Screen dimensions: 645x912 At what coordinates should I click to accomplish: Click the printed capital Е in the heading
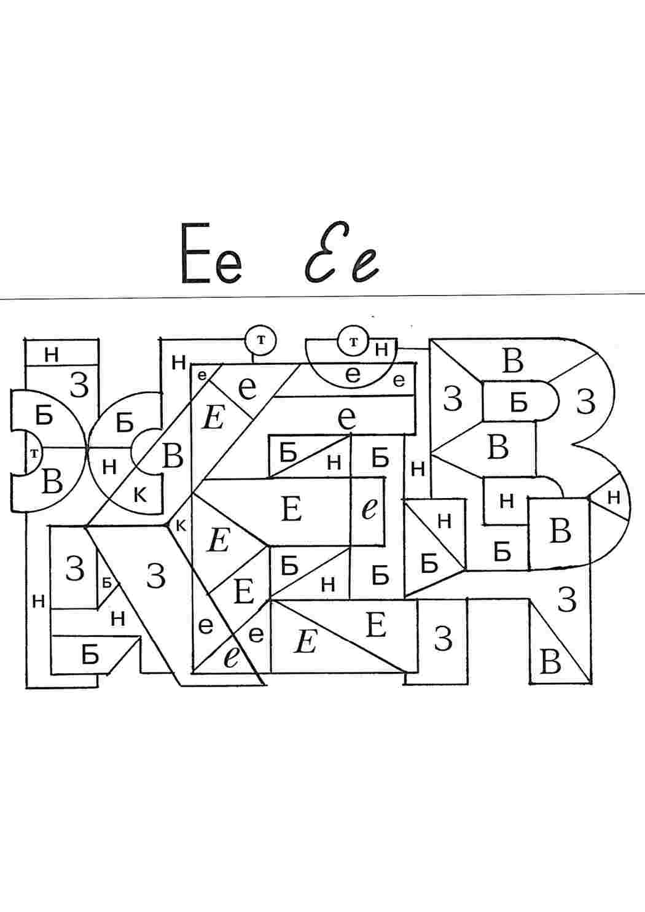(195, 252)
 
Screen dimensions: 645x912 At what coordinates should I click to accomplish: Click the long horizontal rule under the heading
(322, 296)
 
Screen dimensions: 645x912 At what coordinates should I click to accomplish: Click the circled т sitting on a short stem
(260, 340)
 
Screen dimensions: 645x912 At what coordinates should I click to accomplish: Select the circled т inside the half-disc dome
(353, 342)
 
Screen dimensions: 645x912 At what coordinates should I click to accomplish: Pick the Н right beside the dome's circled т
(381, 349)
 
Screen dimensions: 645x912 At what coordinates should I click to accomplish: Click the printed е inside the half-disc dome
(353, 375)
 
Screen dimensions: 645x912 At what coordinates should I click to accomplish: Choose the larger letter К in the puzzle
(140, 496)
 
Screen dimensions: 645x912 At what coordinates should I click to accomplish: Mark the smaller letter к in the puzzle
(181, 526)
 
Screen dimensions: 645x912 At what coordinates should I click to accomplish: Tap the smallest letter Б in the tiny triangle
(107, 583)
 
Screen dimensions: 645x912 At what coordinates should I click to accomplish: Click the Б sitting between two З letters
(518, 403)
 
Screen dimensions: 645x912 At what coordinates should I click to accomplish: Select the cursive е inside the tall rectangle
(370, 509)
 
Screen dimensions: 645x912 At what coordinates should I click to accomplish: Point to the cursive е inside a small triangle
(231, 659)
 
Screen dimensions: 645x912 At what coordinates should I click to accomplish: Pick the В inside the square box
(560, 531)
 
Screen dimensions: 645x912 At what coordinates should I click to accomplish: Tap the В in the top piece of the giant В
(513, 361)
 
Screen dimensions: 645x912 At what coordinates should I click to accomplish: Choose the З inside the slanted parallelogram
(156, 575)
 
